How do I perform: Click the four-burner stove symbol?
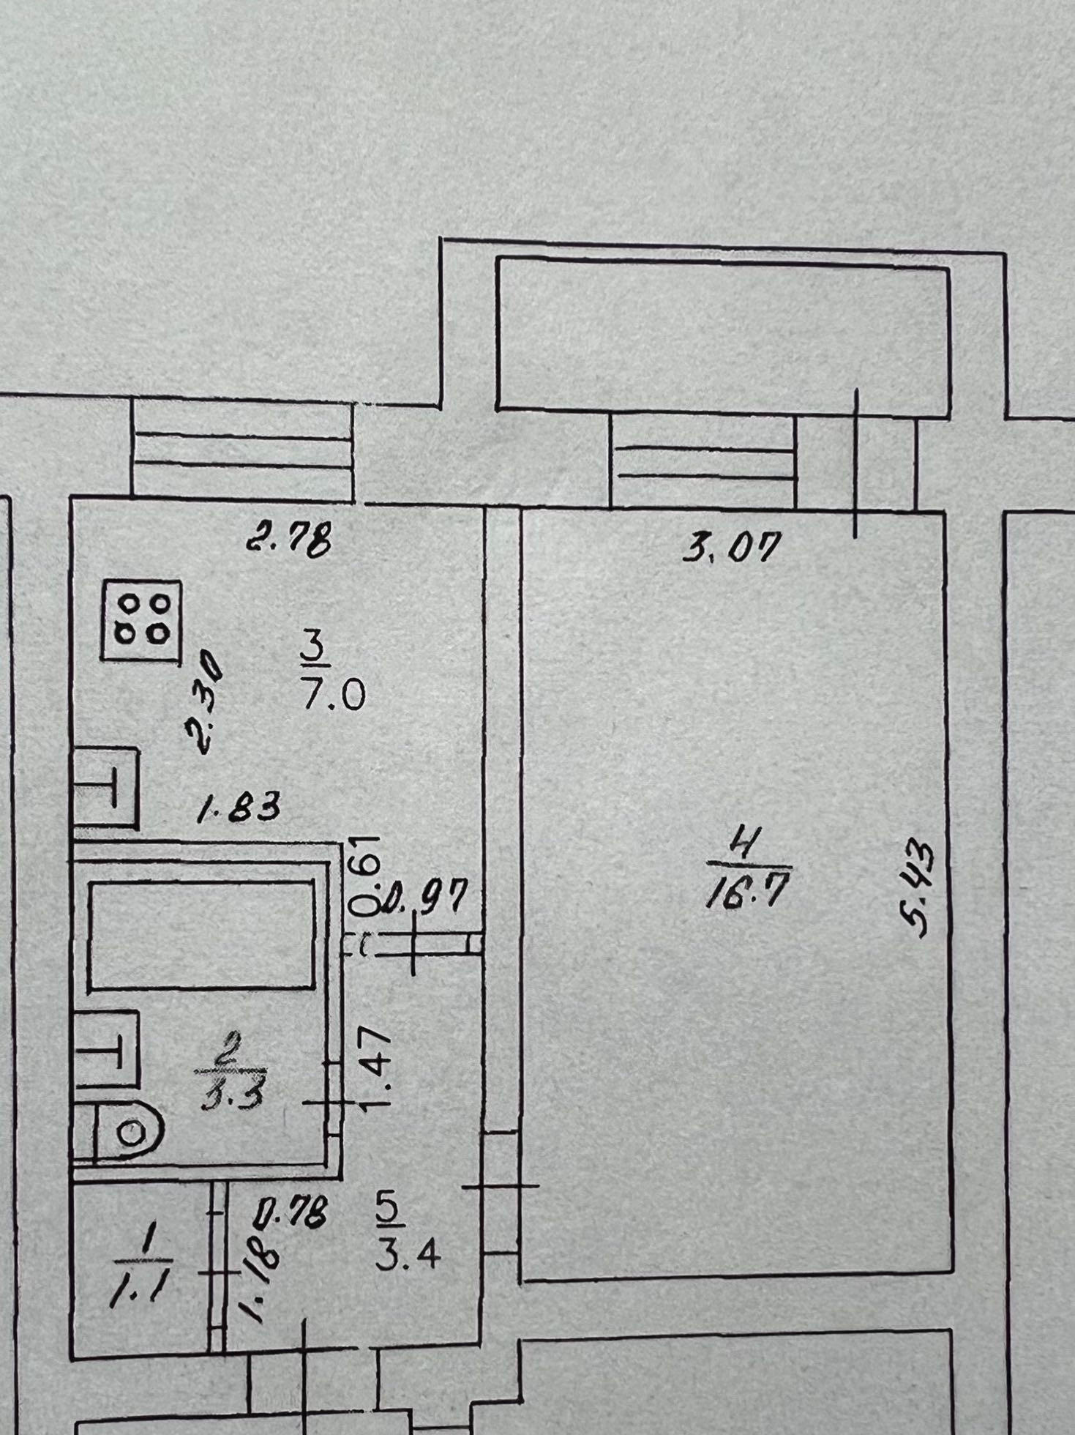coord(142,622)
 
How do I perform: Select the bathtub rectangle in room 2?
coord(201,936)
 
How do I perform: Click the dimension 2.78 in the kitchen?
coord(289,540)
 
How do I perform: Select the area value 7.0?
coord(333,694)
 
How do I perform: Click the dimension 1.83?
coord(239,810)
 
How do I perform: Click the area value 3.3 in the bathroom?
coord(230,1096)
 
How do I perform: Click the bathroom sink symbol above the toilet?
coord(107,1048)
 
